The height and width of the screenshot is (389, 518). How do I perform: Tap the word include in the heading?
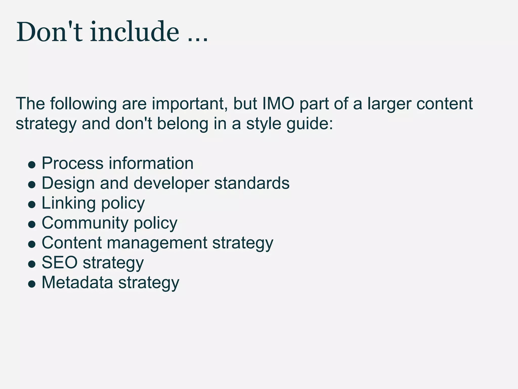coord(134,32)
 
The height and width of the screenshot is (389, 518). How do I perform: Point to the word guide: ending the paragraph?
coord(310,124)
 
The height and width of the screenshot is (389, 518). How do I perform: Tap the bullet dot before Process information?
coord(32,165)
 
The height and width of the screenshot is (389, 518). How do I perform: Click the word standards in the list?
coord(252,183)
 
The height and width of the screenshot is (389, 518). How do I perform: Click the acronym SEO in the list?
coord(59,263)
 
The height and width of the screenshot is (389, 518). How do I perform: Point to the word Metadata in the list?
coord(77,282)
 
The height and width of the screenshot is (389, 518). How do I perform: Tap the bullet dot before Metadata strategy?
coord(32,284)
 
